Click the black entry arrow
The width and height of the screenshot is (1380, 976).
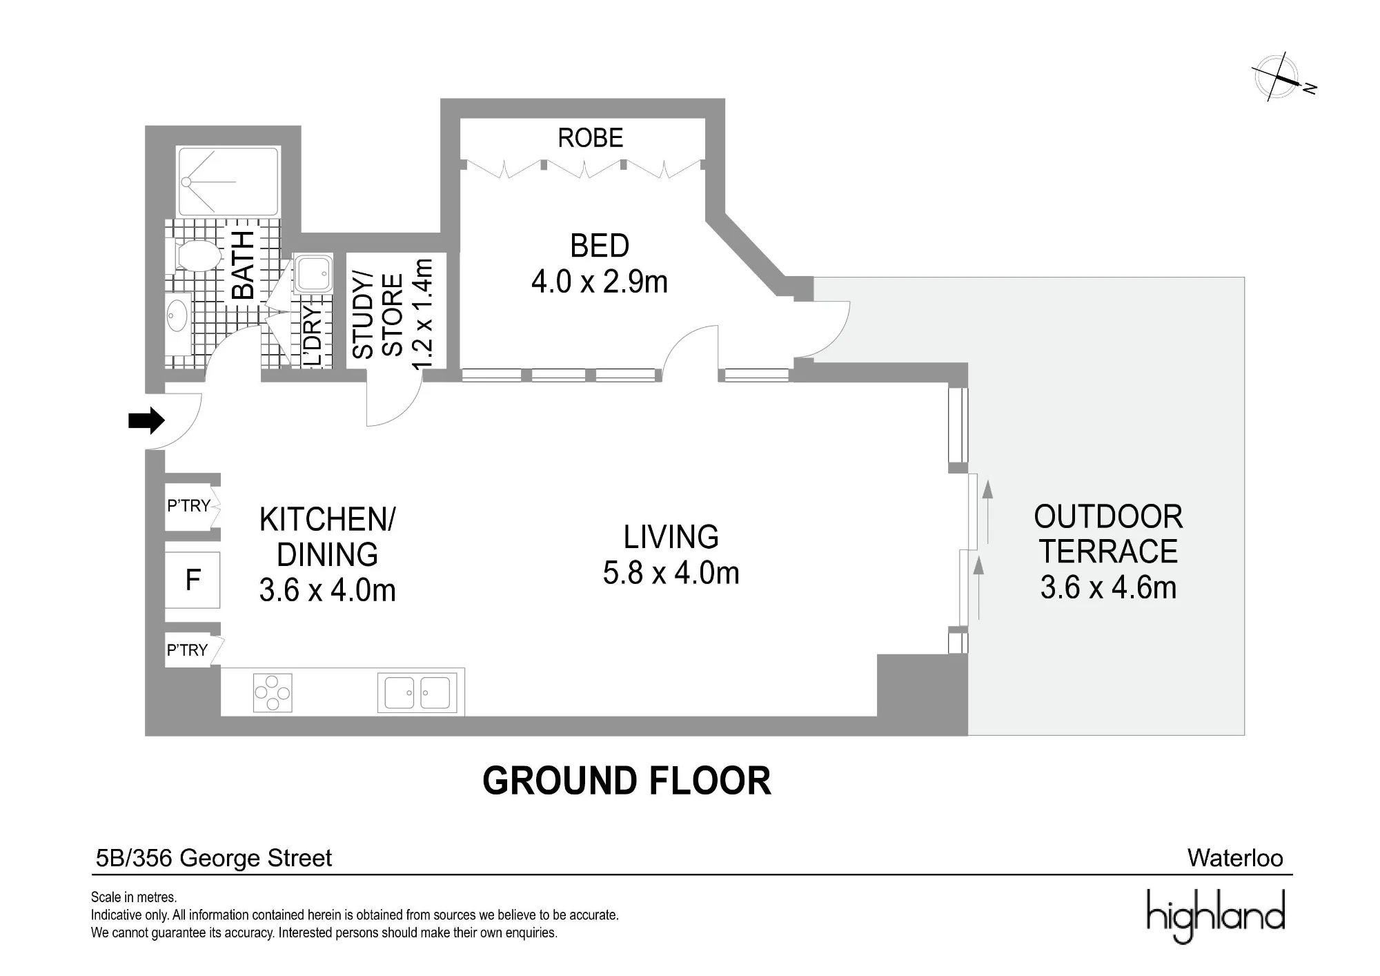click(146, 420)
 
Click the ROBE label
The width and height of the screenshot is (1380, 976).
click(591, 138)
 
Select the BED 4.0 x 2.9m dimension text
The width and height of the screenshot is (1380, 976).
click(600, 282)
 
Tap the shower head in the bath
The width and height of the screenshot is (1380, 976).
click(186, 182)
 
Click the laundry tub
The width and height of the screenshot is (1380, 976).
click(313, 273)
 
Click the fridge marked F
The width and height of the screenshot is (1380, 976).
click(193, 580)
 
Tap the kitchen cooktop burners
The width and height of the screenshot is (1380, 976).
click(273, 692)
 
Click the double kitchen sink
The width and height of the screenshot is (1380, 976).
click(417, 692)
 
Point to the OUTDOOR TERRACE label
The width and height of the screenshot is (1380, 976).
click(1108, 534)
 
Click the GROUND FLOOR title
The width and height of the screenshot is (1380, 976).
click(627, 781)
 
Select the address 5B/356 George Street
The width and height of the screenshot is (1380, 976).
click(214, 858)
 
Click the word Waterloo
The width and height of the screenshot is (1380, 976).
click(1235, 858)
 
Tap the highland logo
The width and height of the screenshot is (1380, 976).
click(1216, 915)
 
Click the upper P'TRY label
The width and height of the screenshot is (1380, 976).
click(188, 506)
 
